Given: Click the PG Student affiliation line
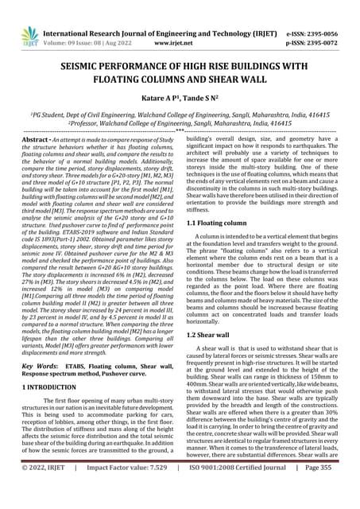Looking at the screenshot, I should coord(180,116).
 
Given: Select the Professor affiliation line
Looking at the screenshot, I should coord(180,124).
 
